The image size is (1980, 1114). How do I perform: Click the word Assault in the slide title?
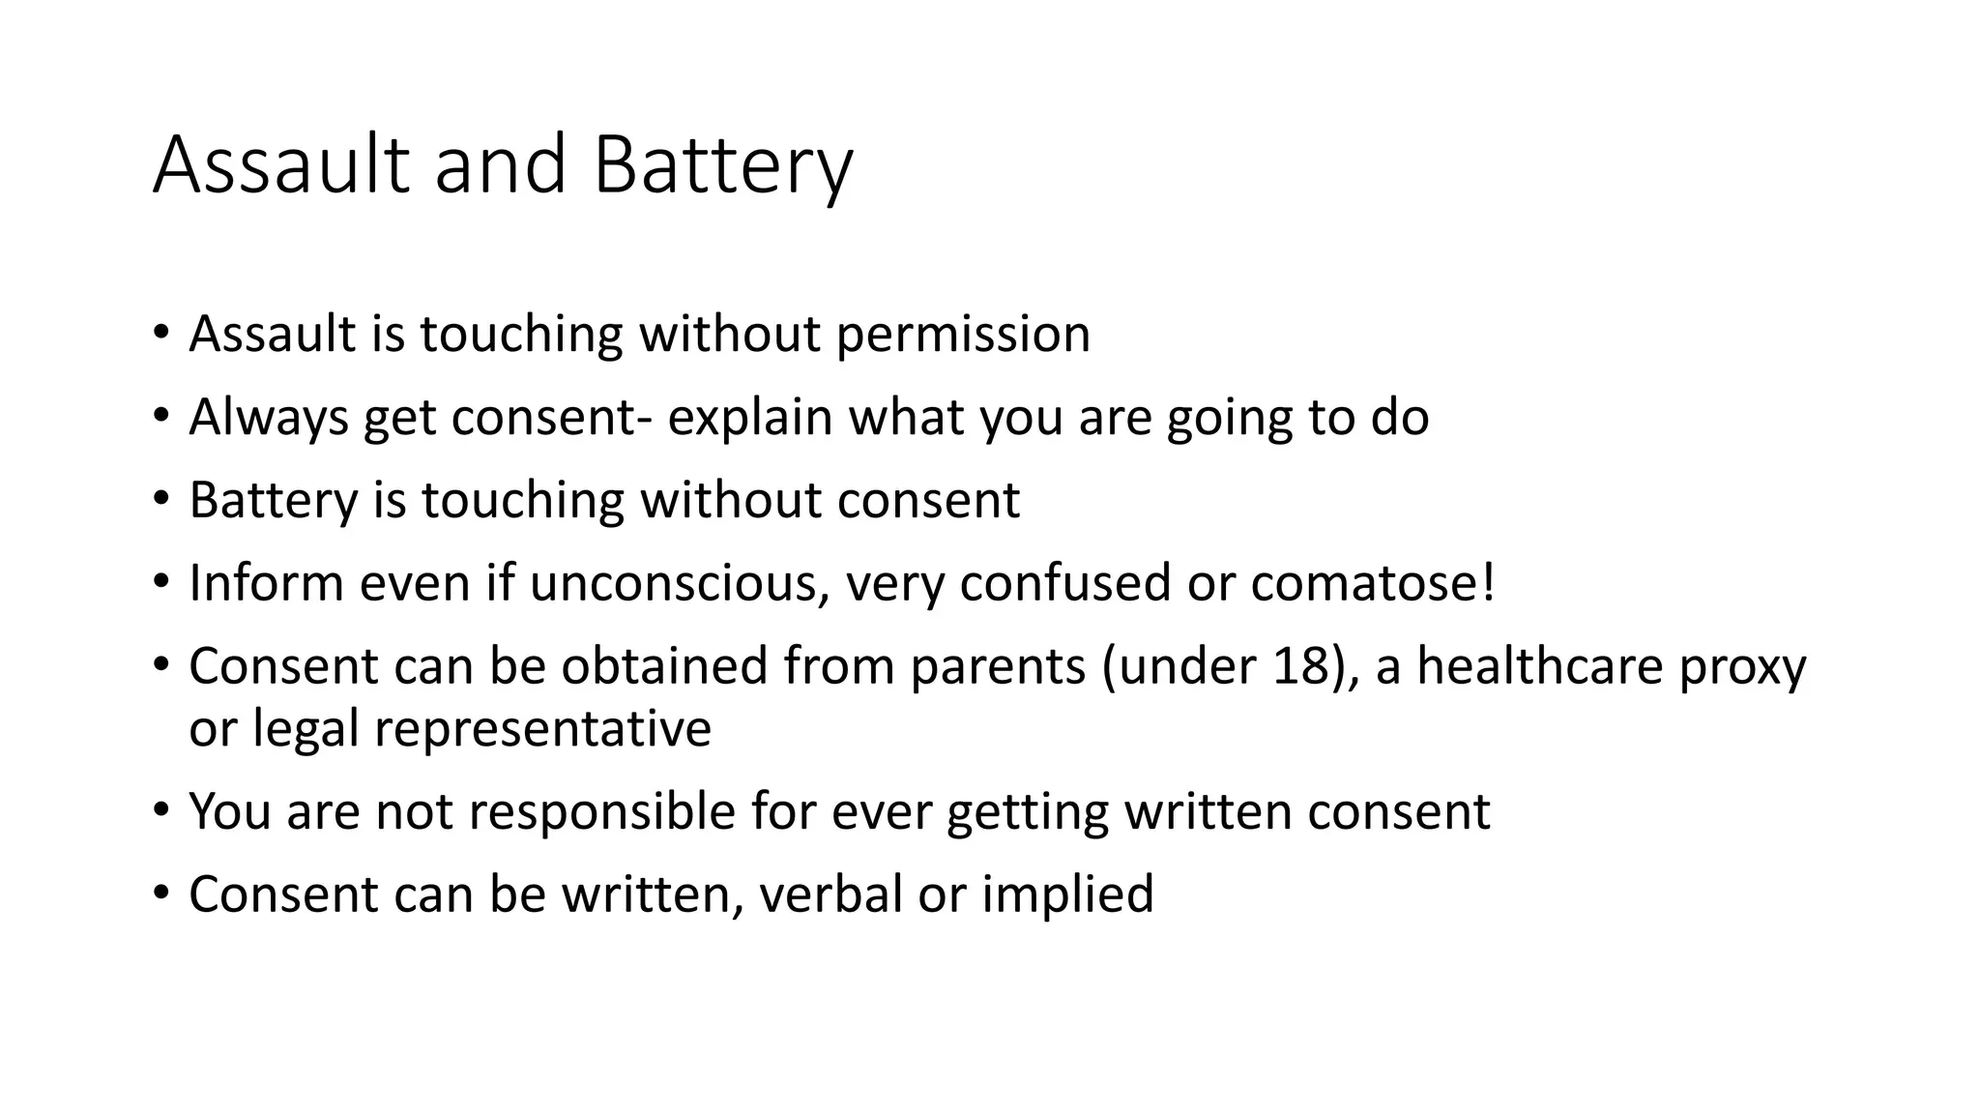tap(281, 164)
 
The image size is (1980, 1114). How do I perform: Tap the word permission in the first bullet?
tap(963, 335)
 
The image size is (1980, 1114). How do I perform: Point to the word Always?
tap(268, 418)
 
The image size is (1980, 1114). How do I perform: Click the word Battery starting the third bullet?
tap(273, 501)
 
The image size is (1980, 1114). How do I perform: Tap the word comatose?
tap(1362, 583)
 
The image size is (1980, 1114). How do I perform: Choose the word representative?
tap(542, 728)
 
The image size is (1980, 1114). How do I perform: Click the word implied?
tap(1067, 894)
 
